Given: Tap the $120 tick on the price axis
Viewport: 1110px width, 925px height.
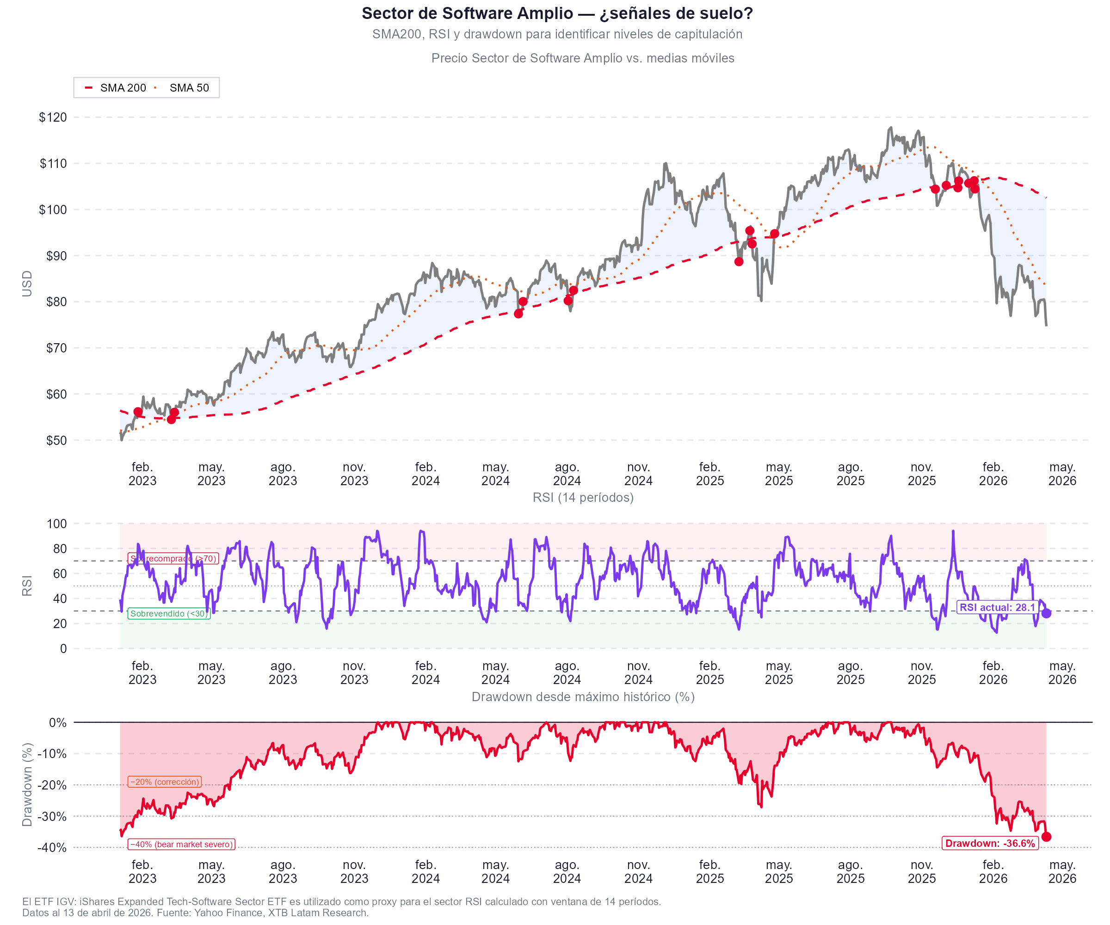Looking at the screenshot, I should (53, 117).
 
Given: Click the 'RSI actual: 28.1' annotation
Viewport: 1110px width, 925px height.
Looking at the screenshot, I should (997, 607).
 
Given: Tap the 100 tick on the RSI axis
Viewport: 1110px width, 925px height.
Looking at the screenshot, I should (56, 524).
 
